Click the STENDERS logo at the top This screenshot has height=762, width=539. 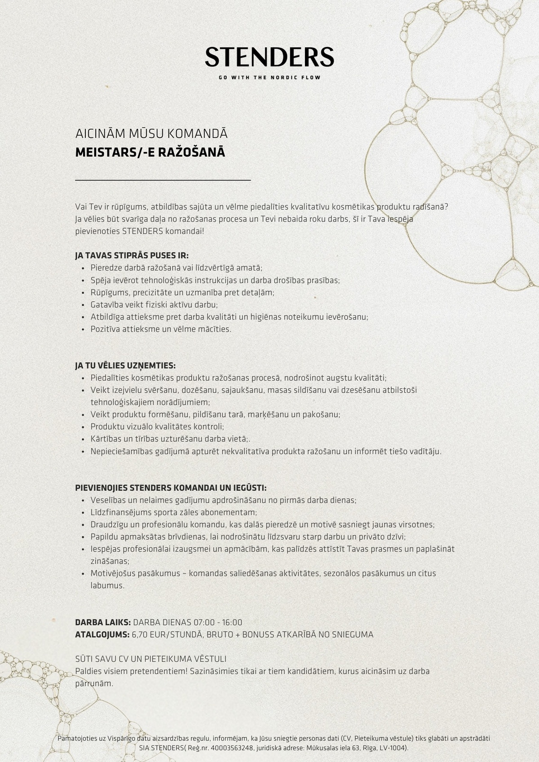tap(269, 57)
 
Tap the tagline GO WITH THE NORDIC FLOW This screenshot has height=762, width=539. tap(269, 78)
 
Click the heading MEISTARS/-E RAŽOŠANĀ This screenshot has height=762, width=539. tap(150, 153)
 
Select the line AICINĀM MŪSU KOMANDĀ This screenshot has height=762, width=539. tap(151, 134)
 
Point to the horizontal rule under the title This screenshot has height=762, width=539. tap(163, 180)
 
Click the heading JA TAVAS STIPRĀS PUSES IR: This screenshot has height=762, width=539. tap(132, 255)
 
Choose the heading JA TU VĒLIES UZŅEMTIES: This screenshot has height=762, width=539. tap(125, 366)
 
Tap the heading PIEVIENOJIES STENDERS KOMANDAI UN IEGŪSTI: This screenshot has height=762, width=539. tap(171, 488)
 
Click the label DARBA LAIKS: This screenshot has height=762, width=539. tap(103, 622)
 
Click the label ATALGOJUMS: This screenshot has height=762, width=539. tap(102, 634)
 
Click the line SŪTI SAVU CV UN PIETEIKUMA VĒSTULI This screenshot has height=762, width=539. tap(150, 659)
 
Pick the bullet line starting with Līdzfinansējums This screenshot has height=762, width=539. tap(174, 512)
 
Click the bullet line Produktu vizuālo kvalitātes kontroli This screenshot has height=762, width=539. tap(157, 427)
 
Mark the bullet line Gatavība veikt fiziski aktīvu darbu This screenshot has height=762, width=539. tap(154, 304)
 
